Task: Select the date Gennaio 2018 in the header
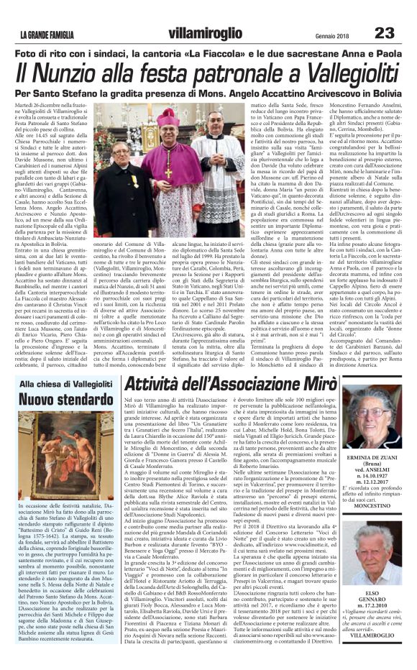coord(332,36)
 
